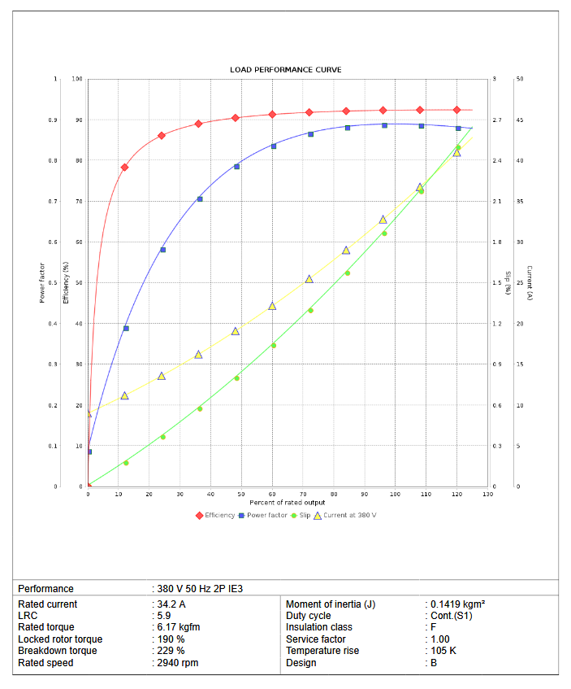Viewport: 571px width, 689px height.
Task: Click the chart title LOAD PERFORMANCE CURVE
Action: [x=285, y=70]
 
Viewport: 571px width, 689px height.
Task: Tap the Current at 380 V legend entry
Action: [x=350, y=515]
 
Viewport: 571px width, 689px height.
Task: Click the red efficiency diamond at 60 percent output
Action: [x=272, y=115]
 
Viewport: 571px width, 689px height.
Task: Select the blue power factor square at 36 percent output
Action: [x=200, y=198]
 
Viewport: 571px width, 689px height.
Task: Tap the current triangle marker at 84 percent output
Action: [x=346, y=251]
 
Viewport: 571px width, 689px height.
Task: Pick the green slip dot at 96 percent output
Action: [x=384, y=233]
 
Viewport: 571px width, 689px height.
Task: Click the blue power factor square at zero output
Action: [x=89, y=451]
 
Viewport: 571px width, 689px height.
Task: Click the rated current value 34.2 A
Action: [x=171, y=604]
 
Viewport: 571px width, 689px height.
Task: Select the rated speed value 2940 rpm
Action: [x=177, y=663]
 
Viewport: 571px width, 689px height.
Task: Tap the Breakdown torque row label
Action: [x=57, y=651]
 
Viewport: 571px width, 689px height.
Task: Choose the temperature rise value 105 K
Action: [x=443, y=651]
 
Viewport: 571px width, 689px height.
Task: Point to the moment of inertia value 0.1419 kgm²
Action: [x=458, y=604]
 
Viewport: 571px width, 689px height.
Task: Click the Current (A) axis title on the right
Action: [x=529, y=283]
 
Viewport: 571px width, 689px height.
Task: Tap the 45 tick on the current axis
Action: [x=519, y=120]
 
